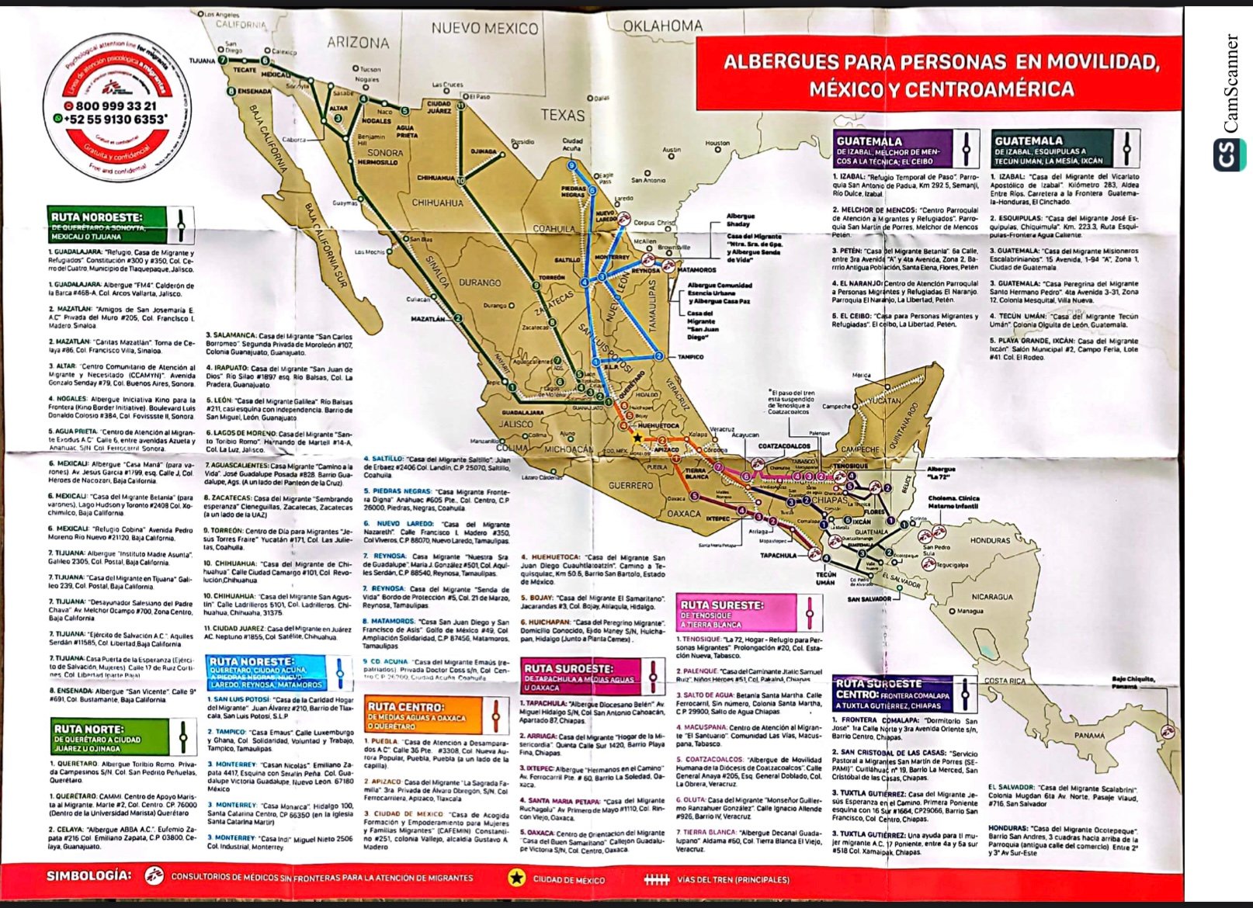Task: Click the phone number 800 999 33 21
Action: [116, 106]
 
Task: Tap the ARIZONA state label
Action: [358, 43]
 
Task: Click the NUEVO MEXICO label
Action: [484, 29]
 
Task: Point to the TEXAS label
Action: [562, 115]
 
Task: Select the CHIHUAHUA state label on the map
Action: [437, 203]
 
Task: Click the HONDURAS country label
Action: [990, 540]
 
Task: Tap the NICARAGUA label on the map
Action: [991, 597]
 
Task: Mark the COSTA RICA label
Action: [1005, 681]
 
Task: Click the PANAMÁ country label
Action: [1089, 735]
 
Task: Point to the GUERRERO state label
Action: [630, 485]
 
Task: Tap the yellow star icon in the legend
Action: [516, 878]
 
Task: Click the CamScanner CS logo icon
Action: [1229, 154]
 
